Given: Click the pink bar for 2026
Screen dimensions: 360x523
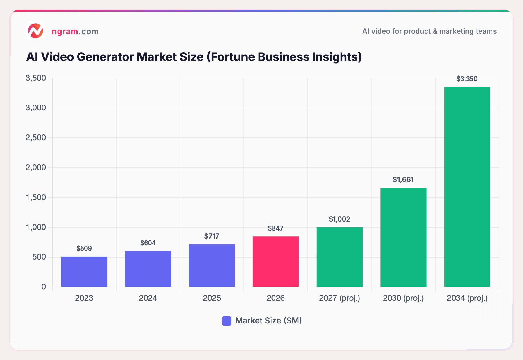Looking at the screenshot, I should [x=275, y=262].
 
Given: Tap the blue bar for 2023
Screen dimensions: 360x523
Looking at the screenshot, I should [x=84, y=272].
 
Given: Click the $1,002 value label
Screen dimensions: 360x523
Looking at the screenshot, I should [x=339, y=219].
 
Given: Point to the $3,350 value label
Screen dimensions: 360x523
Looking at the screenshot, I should [x=467, y=79].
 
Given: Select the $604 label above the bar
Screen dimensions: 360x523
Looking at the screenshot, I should [x=148, y=243].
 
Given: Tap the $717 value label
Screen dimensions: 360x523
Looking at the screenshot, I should [x=212, y=236].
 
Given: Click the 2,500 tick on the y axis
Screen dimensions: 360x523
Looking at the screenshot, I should [x=36, y=138].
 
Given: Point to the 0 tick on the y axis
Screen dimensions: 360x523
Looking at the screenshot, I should [x=44, y=287].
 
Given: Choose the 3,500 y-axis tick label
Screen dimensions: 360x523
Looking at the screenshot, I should [x=36, y=78].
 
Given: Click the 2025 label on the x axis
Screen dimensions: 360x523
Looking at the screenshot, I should [x=212, y=298].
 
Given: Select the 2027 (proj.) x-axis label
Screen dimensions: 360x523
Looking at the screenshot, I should [x=339, y=298].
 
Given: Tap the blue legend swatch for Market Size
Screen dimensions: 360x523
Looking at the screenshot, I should [x=227, y=321].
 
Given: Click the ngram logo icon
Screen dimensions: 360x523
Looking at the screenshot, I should [x=35, y=31].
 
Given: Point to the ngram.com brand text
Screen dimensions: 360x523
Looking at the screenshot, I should [x=75, y=31].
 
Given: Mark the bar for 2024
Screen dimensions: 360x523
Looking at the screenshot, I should [x=148, y=269].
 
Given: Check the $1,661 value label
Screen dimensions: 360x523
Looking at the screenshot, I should [x=403, y=180].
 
